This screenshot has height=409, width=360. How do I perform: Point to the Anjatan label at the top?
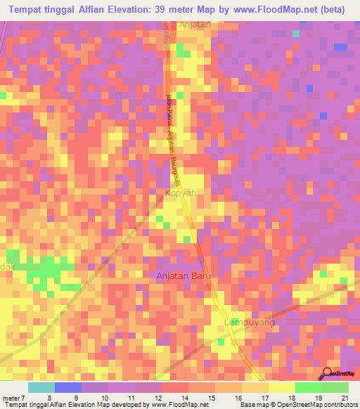(x=195, y=24)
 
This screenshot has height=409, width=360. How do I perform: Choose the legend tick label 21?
(x=344, y=398)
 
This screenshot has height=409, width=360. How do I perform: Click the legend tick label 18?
(x=290, y=398)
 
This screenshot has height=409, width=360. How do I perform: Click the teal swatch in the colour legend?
(x=41, y=387)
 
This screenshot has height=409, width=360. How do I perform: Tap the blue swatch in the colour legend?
(x=68, y=387)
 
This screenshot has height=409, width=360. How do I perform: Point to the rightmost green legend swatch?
(x=335, y=387)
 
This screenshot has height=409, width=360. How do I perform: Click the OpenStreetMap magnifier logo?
(x=327, y=373)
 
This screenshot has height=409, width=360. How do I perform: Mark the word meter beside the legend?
(x=11, y=398)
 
